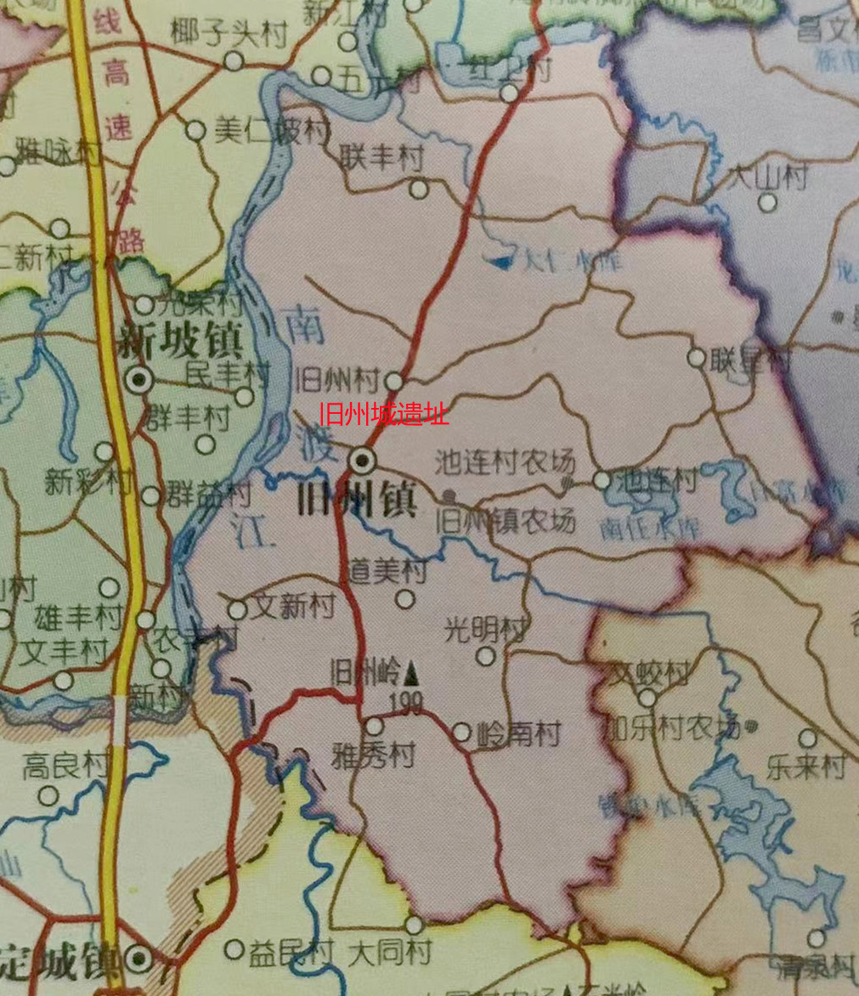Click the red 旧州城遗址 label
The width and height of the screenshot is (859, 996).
[x=384, y=415]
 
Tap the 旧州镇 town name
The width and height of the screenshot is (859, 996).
[x=356, y=501]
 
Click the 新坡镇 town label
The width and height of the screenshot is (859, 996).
[x=180, y=342]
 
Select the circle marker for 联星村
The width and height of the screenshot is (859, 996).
[x=697, y=358]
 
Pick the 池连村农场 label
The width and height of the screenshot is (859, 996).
[x=505, y=462]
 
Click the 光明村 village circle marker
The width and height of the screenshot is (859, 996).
[x=485, y=656]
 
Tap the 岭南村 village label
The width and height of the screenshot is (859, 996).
[x=518, y=733]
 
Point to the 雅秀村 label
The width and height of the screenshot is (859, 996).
[x=374, y=755]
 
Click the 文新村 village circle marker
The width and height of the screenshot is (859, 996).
[x=238, y=610]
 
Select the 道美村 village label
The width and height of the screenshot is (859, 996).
[x=389, y=570]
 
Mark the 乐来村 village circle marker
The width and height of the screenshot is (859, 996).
[x=807, y=739]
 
